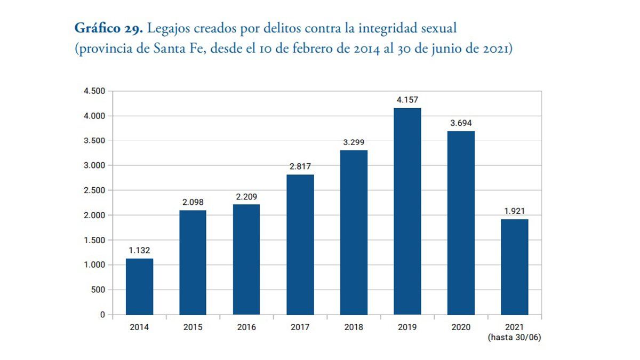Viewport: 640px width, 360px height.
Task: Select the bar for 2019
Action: click(x=407, y=211)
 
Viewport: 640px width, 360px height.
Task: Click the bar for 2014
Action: click(x=139, y=286)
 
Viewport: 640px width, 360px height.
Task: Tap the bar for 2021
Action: click(x=514, y=267)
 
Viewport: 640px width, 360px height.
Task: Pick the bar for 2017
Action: click(x=300, y=244)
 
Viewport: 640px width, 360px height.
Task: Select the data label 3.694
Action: click(x=461, y=123)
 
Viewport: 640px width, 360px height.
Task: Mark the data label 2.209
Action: click(x=246, y=196)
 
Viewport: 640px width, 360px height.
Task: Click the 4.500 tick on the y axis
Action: click(x=94, y=91)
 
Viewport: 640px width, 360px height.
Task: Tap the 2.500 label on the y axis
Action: click(x=94, y=190)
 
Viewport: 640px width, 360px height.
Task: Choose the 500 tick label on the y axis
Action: click(x=98, y=290)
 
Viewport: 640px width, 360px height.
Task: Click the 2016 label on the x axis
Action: click(x=246, y=327)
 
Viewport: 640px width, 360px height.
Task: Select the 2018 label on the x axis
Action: click(x=353, y=327)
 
